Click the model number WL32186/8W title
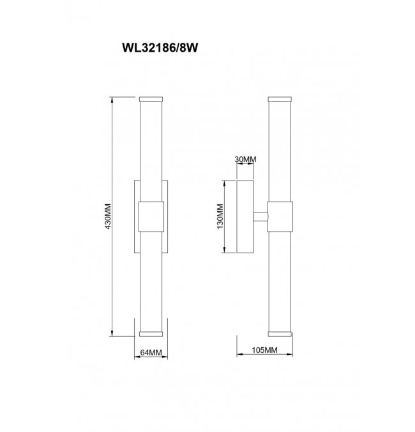(160, 48)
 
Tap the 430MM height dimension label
(108, 216)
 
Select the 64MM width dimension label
(151, 352)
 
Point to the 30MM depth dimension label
(245, 160)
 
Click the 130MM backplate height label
(220, 216)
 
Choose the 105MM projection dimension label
(264, 350)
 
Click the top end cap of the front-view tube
(151, 99)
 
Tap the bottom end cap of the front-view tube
(151, 334)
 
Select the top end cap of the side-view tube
(280, 99)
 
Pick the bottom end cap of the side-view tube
(280, 334)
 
